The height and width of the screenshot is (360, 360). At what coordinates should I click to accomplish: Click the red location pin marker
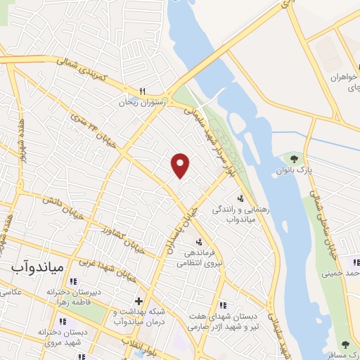point(181,165)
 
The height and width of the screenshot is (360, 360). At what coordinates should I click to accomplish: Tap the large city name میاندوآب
point(38,268)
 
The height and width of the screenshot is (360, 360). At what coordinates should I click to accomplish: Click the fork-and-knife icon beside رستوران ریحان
point(142,91)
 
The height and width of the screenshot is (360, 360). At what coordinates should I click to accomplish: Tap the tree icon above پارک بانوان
point(304,157)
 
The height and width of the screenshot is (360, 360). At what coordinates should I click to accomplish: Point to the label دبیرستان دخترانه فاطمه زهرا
point(75,296)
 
